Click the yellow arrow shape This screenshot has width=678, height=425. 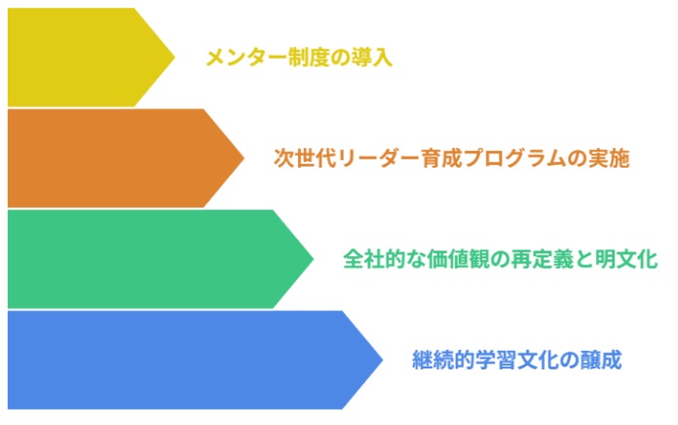pos(78,57)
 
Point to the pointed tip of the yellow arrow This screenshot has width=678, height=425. pos(173,57)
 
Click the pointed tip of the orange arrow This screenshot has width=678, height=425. pos(243,158)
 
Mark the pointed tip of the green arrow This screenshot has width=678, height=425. pos(313,259)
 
